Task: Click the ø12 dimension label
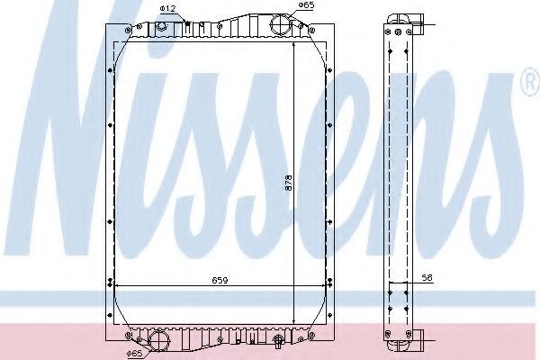(169, 9)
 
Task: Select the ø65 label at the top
(306, 4)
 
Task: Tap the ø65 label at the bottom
(134, 353)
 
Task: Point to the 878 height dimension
(288, 184)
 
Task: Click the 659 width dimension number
(220, 281)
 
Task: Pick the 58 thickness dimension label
(427, 278)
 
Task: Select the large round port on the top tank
(281, 25)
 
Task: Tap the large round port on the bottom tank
(158, 339)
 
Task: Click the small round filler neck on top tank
(161, 26)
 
